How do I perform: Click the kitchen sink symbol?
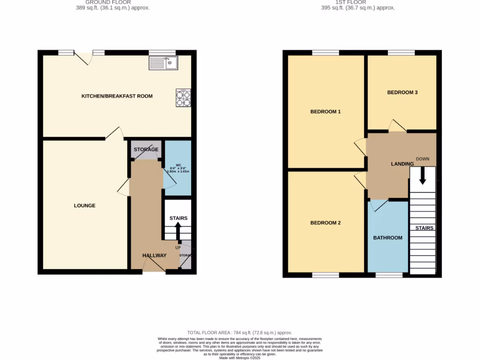tap(163, 63)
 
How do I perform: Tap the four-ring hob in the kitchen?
tap(183, 98)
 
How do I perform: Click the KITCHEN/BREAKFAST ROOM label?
tap(117, 96)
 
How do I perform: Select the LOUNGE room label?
tap(84, 205)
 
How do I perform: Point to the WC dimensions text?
tap(179, 169)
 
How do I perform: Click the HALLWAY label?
tap(155, 255)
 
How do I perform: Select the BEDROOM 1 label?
tap(325, 112)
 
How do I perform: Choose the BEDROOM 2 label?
tap(325, 223)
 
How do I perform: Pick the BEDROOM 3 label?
tap(402, 92)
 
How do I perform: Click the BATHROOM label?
tap(388, 238)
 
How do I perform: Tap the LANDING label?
tap(402, 164)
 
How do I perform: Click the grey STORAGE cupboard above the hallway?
tap(146, 150)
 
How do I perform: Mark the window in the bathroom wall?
tap(389, 275)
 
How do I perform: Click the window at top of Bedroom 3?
tap(401, 52)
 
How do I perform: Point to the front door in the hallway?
tap(154, 267)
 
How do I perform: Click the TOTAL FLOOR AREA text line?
tap(240, 332)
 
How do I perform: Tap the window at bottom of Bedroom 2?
tap(325, 275)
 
